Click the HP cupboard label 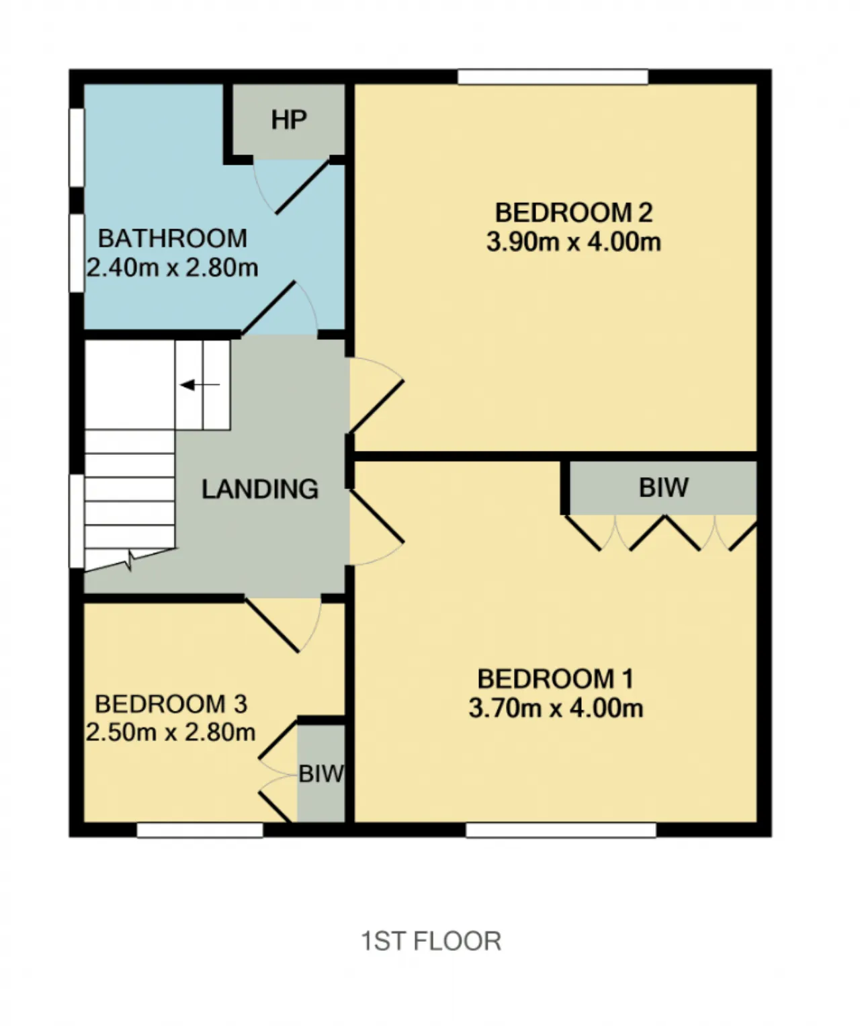click(x=289, y=120)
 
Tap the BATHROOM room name click(x=173, y=239)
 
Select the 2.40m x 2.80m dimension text click(x=173, y=268)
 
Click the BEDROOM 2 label click(x=574, y=212)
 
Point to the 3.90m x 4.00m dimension click(x=574, y=242)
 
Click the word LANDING click(x=260, y=489)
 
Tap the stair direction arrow click(x=200, y=385)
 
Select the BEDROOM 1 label click(x=556, y=679)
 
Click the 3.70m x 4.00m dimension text click(x=556, y=708)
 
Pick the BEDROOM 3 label click(x=171, y=703)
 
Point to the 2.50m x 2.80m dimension click(x=171, y=732)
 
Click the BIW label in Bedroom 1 click(x=663, y=487)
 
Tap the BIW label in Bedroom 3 click(x=321, y=774)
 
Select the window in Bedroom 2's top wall click(x=553, y=77)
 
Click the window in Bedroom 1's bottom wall click(x=561, y=830)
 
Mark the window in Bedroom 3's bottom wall click(x=200, y=830)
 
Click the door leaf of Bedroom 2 click(x=376, y=407)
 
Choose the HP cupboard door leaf click(x=302, y=187)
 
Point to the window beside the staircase click(x=77, y=521)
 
